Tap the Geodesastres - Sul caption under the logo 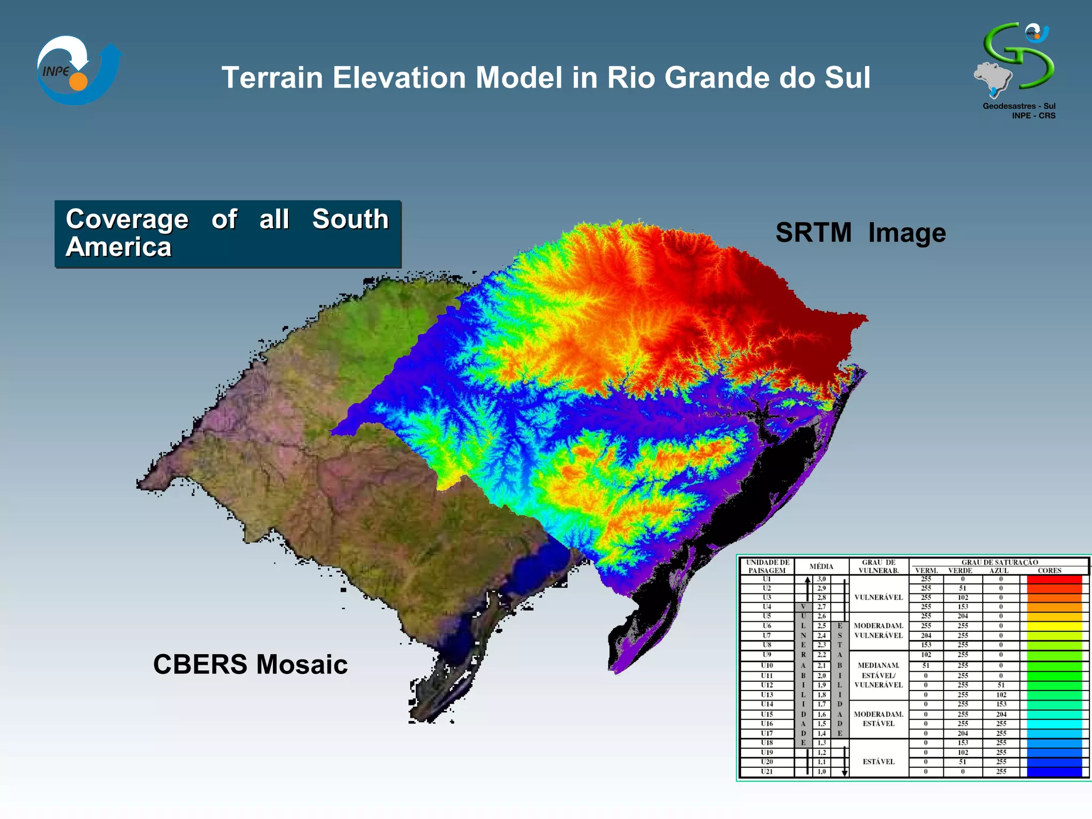[x=1018, y=106]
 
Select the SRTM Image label [x=860, y=233]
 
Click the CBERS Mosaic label [x=250, y=664]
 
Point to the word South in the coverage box [x=350, y=219]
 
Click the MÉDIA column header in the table [x=821, y=566]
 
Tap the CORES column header [x=1049, y=571]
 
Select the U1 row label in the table [x=767, y=579]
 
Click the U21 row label [x=767, y=772]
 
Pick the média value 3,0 [x=822, y=579]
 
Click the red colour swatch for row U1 [x=1054, y=580]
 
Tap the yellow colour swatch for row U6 [x=1054, y=626]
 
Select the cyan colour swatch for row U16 [x=1054, y=724]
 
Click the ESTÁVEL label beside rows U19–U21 [x=878, y=761]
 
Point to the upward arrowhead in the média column [x=808, y=580]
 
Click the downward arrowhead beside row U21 [x=845, y=773]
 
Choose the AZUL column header [x=999, y=571]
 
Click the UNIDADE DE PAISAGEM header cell [x=767, y=566]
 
